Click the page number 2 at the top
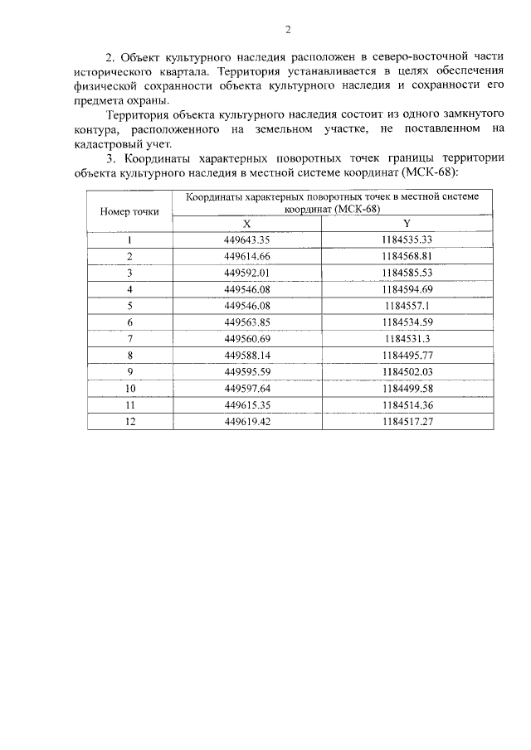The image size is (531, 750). [288, 31]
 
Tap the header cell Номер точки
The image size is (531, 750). [129, 210]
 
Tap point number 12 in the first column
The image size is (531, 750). [129, 421]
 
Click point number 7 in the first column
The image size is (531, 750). [129, 338]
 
